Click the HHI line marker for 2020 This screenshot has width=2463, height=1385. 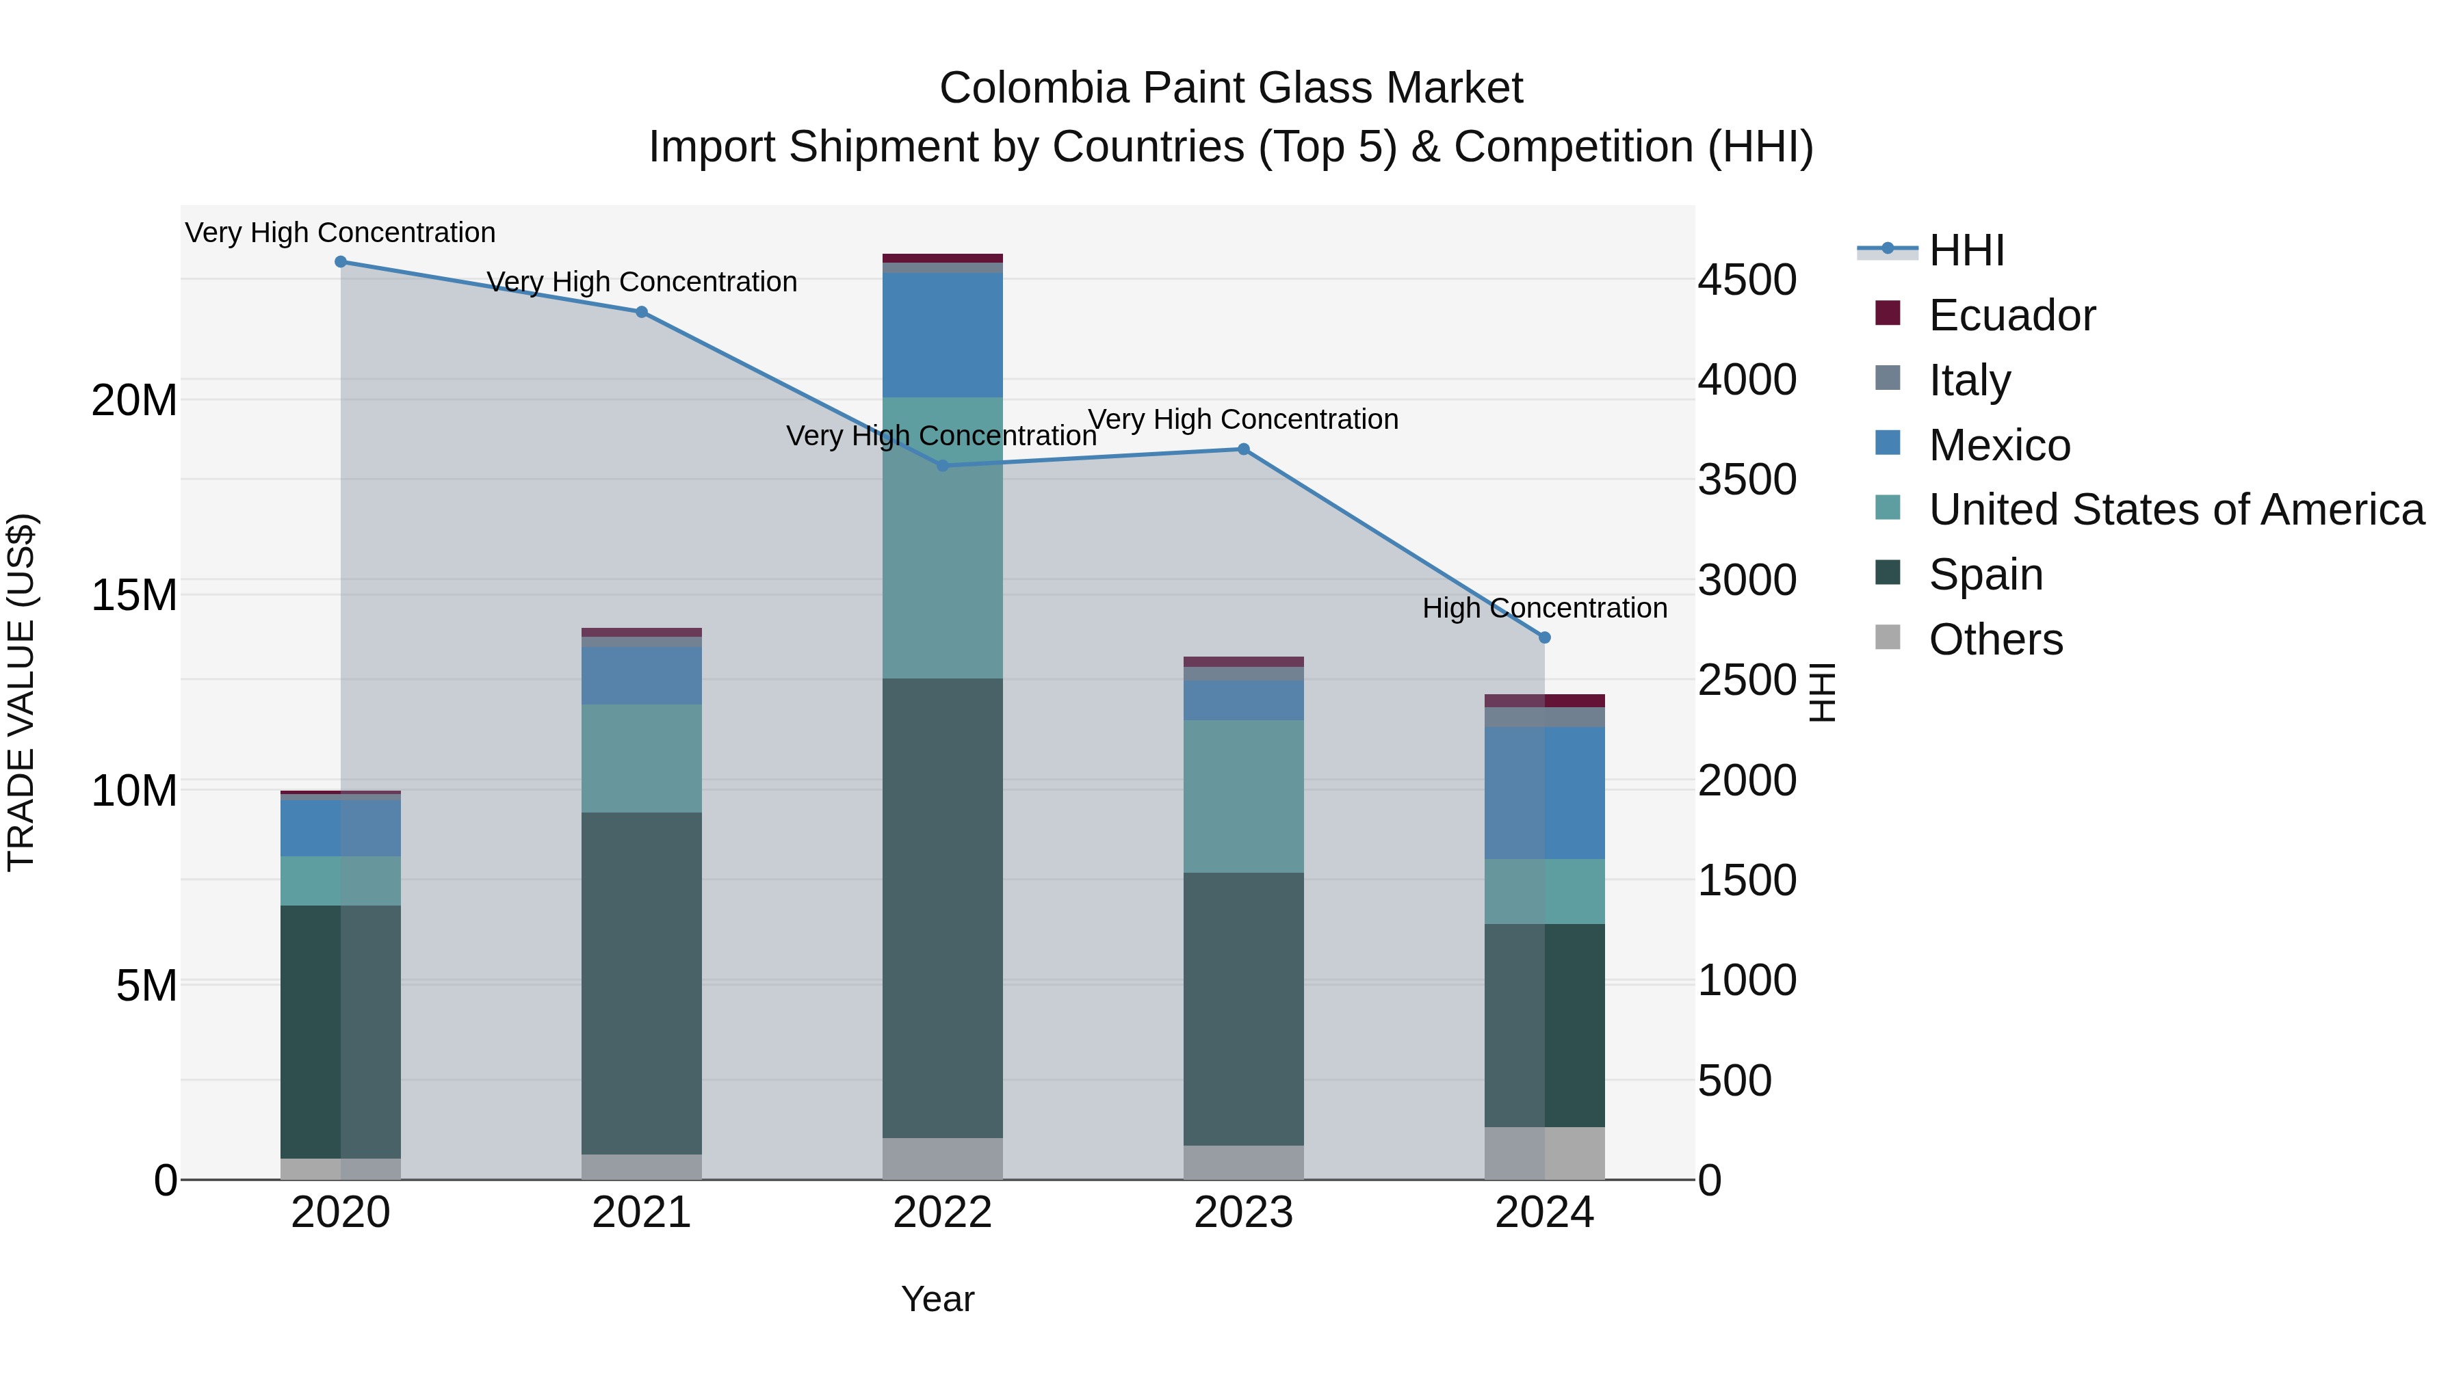341,262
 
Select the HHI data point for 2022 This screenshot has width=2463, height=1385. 943,466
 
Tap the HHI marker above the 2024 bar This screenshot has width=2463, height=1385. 1544,637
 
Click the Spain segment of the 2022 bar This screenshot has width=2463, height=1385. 943,908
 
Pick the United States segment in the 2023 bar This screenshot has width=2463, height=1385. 1243,795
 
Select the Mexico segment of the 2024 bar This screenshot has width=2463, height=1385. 1544,793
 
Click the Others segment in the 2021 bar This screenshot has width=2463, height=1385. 642,1166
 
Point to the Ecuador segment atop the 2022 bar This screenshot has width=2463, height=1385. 943,258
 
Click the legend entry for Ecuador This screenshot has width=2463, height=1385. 2011,315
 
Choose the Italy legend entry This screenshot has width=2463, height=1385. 1970,380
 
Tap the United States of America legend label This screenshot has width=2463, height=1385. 2176,510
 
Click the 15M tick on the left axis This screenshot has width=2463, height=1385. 134,596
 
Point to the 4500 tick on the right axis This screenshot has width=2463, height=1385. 1747,281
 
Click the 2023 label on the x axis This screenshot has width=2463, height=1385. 1243,1213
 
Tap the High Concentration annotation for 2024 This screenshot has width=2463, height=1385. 1544,608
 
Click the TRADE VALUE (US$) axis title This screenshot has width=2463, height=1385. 21,692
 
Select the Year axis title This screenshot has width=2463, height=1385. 937,1299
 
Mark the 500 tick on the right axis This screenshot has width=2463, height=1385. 1734,1081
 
